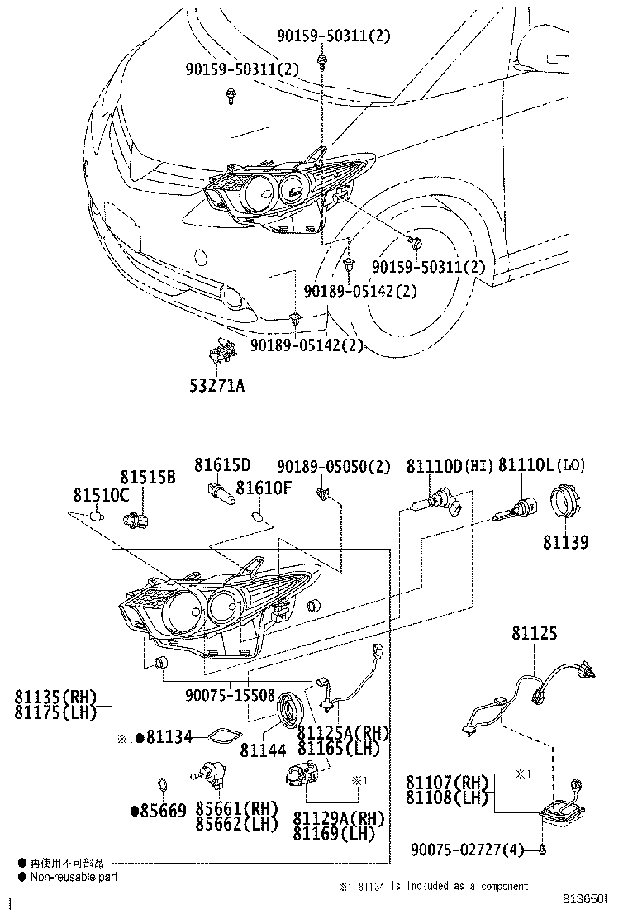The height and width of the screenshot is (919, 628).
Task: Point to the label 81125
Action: pyautogui.click(x=534, y=634)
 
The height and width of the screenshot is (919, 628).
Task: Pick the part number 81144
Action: pyautogui.click(x=263, y=750)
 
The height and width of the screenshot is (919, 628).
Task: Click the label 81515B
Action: pyautogui.click(x=148, y=478)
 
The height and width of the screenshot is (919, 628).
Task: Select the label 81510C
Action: pyautogui.click(x=102, y=495)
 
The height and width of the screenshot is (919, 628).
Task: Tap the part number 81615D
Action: pyautogui.click(x=222, y=465)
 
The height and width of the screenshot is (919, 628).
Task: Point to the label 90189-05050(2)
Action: pyautogui.click(x=333, y=467)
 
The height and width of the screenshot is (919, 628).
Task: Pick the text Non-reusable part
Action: pyautogui.click(x=74, y=877)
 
